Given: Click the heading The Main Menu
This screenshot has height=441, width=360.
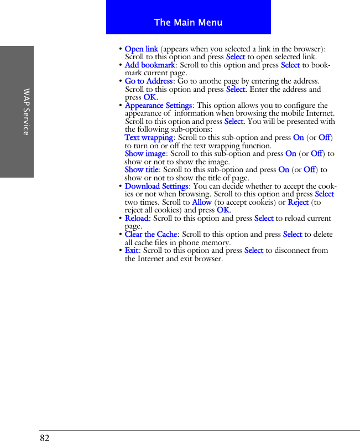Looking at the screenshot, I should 188,23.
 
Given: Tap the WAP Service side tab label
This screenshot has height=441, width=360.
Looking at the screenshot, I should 26,111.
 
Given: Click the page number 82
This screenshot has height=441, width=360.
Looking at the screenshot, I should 44,438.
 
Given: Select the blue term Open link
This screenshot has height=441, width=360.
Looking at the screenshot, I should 142,49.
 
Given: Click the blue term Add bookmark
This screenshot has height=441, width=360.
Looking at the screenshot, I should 150,65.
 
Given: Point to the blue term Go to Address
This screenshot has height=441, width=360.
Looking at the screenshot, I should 149,81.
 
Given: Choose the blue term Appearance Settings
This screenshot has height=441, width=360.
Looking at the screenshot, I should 158,106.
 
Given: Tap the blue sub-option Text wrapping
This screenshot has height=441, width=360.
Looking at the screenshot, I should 149,138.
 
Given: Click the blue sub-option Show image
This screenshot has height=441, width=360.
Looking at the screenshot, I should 145,154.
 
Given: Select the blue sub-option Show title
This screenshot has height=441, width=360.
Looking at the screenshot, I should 142,170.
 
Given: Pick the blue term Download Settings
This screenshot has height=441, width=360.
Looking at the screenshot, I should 156,186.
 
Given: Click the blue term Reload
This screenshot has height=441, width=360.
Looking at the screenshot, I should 137,219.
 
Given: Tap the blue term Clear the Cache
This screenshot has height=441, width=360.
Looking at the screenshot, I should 151,235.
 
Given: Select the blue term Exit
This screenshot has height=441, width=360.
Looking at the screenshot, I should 132,251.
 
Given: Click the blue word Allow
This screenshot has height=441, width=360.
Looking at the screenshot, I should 202,203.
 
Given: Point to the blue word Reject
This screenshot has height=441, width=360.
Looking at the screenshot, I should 299,203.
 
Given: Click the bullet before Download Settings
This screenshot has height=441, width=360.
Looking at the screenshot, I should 121,186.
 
